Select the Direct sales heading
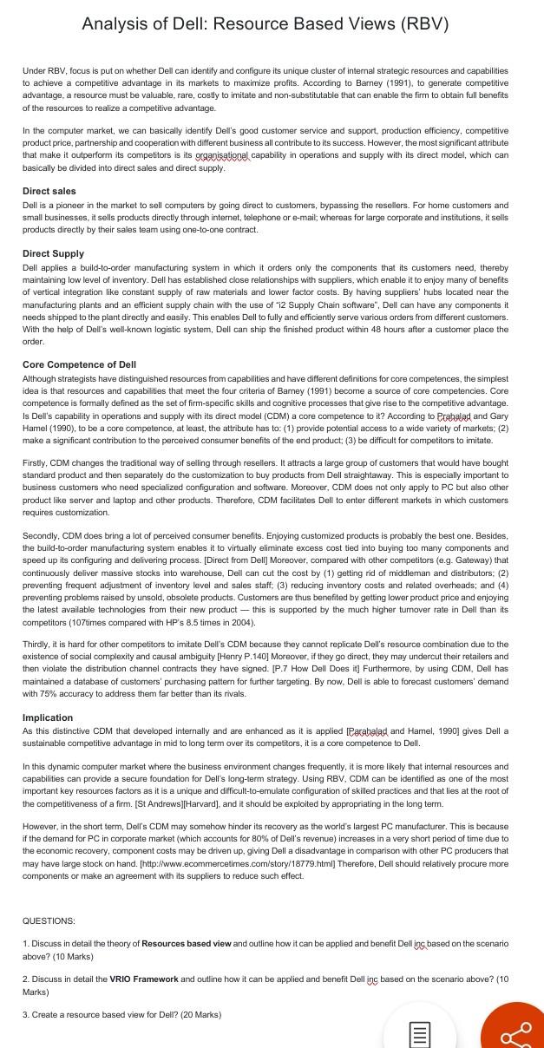49,191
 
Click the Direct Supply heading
53,253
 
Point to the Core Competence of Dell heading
79,364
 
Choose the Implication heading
48,717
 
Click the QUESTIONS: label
49,920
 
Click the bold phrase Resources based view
187,943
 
